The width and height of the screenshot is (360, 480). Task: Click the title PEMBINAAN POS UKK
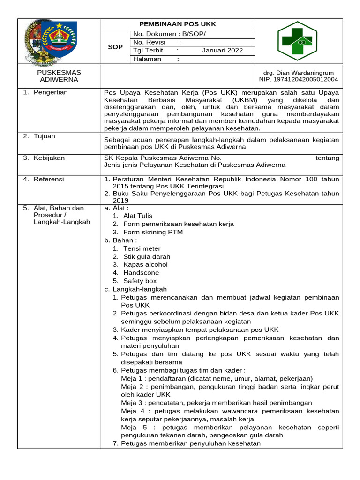click(x=178, y=24)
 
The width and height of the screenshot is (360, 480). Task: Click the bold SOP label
click(x=115, y=47)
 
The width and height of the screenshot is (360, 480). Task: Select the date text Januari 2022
click(x=222, y=51)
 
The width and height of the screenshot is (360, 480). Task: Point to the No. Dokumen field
click(x=169, y=34)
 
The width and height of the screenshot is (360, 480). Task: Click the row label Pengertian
click(x=50, y=92)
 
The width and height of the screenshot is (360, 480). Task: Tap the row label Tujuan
click(x=44, y=136)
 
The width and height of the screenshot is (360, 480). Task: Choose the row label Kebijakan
click(x=49, y=158)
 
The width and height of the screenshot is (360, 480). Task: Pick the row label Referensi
click(x=49, y=179)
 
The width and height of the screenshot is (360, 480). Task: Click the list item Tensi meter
click(x=142, y=248)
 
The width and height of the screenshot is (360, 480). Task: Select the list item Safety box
click(x=140, y=281)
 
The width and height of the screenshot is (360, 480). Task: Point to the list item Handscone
click(x=141, y=273)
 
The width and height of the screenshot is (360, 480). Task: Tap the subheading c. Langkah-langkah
click(x=135, y=289)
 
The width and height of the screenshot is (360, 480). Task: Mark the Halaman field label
click(x=147, y=59)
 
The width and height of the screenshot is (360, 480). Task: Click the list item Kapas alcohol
click(x=145, y=264)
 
